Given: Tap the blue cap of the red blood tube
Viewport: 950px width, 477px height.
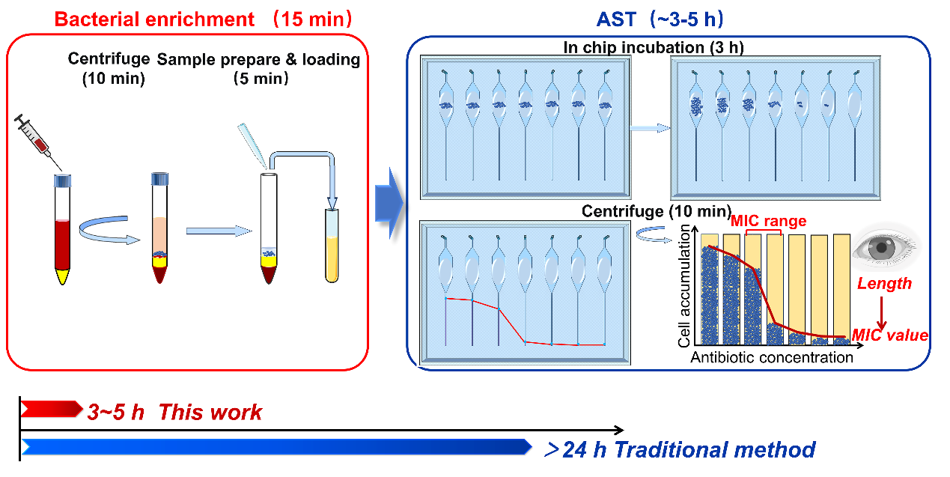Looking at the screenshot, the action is coord(62,180).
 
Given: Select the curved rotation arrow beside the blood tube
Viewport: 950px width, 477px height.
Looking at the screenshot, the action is coord(109,230).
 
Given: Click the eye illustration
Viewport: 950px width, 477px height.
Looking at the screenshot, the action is coord(884,247).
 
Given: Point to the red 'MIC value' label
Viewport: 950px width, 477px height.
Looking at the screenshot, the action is coord(890,335).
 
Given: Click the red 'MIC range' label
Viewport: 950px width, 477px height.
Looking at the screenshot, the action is coord(768,221).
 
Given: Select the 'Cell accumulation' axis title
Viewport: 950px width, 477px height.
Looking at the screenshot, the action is coord(683,285).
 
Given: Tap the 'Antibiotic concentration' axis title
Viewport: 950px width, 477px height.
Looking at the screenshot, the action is coord(771,357).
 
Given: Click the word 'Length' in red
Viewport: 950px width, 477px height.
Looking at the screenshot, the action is coord(884,284).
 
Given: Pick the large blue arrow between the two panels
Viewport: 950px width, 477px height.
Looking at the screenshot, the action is coord(389,203).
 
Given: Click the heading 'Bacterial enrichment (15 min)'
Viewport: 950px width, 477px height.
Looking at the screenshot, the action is coord(203,19).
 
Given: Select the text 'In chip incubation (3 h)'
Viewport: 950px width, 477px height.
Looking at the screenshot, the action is coord(654,47).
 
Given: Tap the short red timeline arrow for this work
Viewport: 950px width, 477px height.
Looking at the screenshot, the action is coord(52,409).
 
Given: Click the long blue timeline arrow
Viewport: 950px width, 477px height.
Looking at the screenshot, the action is coord(276,447).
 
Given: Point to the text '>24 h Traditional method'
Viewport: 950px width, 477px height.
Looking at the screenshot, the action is coord(680,450).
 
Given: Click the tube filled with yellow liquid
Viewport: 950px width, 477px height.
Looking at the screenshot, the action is coord(332,246).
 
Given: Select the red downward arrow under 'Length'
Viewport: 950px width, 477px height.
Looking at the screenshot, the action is coord(882,313).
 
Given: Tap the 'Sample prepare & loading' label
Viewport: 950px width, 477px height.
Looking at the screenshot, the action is coord(258,59).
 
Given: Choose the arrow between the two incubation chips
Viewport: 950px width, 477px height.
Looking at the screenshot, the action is coord(650,128).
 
